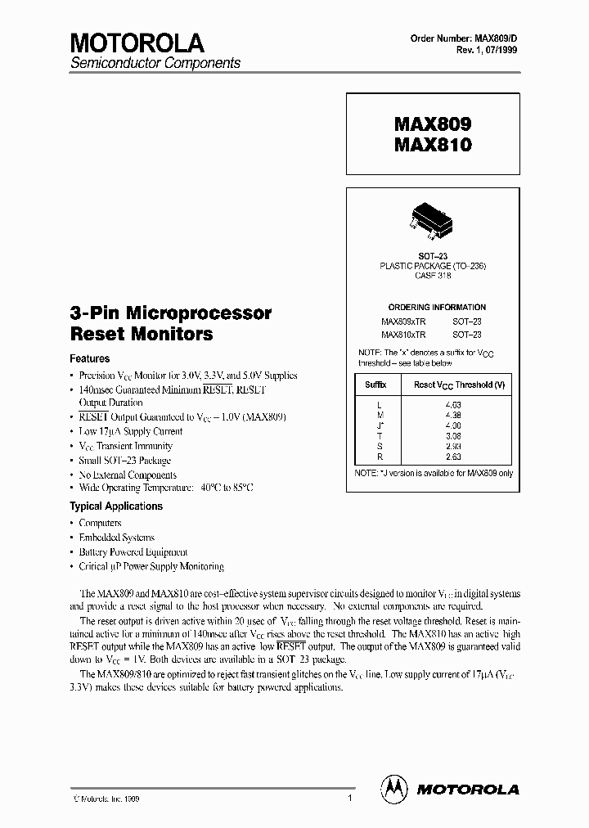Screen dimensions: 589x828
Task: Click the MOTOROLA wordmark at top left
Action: click(137, 43)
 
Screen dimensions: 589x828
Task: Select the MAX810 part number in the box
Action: click(433, 145)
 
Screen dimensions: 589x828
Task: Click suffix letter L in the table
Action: click(378, 404)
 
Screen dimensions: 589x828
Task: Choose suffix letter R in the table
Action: click(378, 457)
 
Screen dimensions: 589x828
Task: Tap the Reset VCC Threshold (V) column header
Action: click(459, 384)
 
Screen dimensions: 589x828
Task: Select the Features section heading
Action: click(90, 358)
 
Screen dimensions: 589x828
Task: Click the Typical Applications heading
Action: click(116, 506)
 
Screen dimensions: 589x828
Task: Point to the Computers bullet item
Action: click(100, 522)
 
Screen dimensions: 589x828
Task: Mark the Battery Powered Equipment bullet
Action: click(133, 551)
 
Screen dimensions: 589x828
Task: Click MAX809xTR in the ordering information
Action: click(403, 321)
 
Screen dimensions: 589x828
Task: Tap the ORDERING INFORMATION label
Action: click(431, 307)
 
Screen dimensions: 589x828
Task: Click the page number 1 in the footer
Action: click(349, 798)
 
